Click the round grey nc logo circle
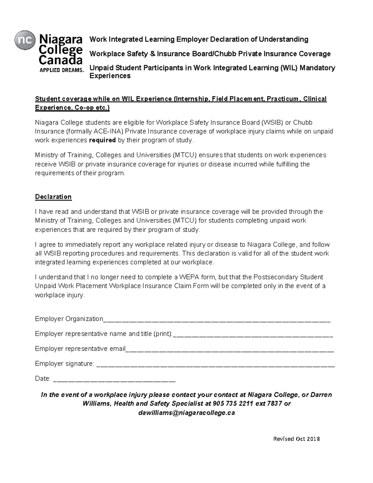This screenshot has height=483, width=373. (x=24, y=40)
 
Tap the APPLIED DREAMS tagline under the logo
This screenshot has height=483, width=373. (x=62, y=70)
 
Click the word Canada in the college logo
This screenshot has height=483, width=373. (x=61, y=59)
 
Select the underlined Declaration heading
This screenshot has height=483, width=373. (x=53, y=197)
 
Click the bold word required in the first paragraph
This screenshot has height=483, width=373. (x=102, y=140)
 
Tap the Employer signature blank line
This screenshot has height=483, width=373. (x=216, y=364)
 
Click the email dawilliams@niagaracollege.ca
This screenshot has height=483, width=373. (x=186, y=413)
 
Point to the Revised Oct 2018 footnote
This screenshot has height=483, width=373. (x=296, y=439)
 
